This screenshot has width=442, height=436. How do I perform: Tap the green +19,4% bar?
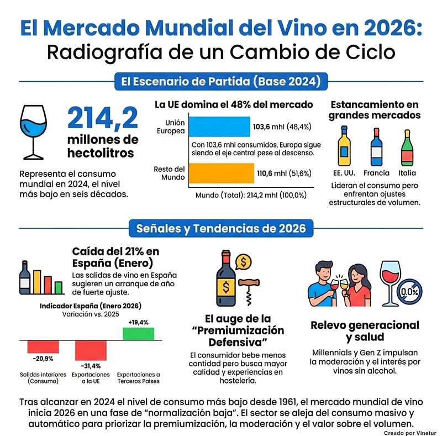point(138,334)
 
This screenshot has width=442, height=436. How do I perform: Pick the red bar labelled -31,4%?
point(91,350)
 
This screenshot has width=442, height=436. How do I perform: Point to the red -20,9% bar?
point(43,346)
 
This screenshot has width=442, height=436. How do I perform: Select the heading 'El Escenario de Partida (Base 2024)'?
point(221,82)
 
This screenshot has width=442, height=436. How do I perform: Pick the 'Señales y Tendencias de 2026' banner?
point(221,228)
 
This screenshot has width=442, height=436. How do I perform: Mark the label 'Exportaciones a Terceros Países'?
point(139,377)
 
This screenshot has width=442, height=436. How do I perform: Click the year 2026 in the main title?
point(381,29)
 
